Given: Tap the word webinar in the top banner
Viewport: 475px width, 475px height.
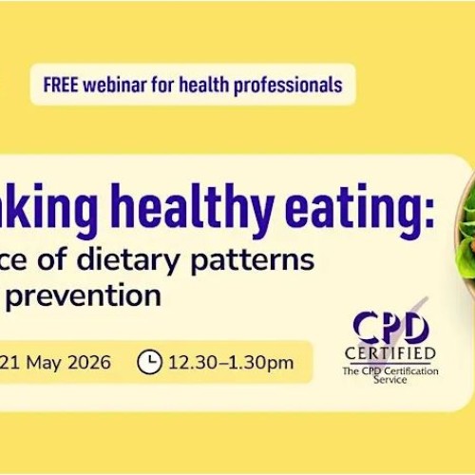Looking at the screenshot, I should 115,85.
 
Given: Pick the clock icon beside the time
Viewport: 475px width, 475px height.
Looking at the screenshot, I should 150,362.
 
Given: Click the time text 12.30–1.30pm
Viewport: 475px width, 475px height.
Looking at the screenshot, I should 230,362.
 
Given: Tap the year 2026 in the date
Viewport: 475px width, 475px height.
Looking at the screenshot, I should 87,362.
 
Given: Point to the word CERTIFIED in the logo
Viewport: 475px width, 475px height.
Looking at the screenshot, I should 391,355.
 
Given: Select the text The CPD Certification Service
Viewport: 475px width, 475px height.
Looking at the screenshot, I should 391,374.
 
